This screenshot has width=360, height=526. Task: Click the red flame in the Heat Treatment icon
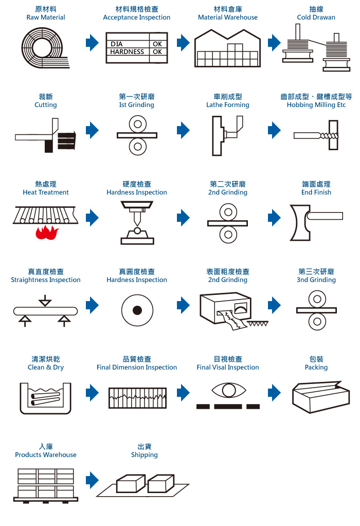[x=47, y=233]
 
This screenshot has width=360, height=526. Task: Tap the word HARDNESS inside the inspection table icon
[x=127, y=52]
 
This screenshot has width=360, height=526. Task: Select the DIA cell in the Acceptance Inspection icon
[x=117, y=44]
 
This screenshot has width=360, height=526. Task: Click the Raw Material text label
[x=46, y=17]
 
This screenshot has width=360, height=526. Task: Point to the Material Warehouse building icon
[x=227, y=48]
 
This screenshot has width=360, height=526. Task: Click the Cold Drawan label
[x=316, y=17]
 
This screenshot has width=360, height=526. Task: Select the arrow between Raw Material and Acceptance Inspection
[x=92, y=43]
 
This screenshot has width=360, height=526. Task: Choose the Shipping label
[x=144, y=455]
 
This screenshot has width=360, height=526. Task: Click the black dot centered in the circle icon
[x=137, y=310]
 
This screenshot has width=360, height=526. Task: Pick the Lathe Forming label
[x=227, y=105]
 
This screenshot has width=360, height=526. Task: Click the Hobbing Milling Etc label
[x=316, y=105]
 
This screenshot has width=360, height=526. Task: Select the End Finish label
[x=316, y=192]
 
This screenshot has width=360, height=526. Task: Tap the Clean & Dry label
[x=46, y=367]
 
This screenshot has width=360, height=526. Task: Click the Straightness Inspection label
[x=46, y=280]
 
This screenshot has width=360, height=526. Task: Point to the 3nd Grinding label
[x=316, y=280]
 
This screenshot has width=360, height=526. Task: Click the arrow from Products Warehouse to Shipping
[x=92, y=480]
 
